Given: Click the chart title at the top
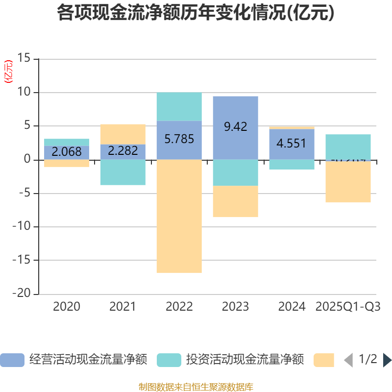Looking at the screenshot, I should coord(196,13).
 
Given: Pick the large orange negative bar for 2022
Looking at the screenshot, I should coord(179,216).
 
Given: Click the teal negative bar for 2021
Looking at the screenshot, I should coord(122,172).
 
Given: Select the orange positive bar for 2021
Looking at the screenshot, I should coord(122,134).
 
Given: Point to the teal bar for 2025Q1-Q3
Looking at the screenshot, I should coord(348,147).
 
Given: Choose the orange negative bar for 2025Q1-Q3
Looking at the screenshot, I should coord(348,182).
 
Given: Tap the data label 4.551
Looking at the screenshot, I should coord(292,144).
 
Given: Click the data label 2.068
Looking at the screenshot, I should coord(67,152).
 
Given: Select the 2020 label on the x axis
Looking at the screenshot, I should coord(67,307).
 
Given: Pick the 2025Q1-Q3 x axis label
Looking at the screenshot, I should coord(348,307).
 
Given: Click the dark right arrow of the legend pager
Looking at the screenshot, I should coord(387,360).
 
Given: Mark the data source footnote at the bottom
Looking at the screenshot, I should coord(196,387).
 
